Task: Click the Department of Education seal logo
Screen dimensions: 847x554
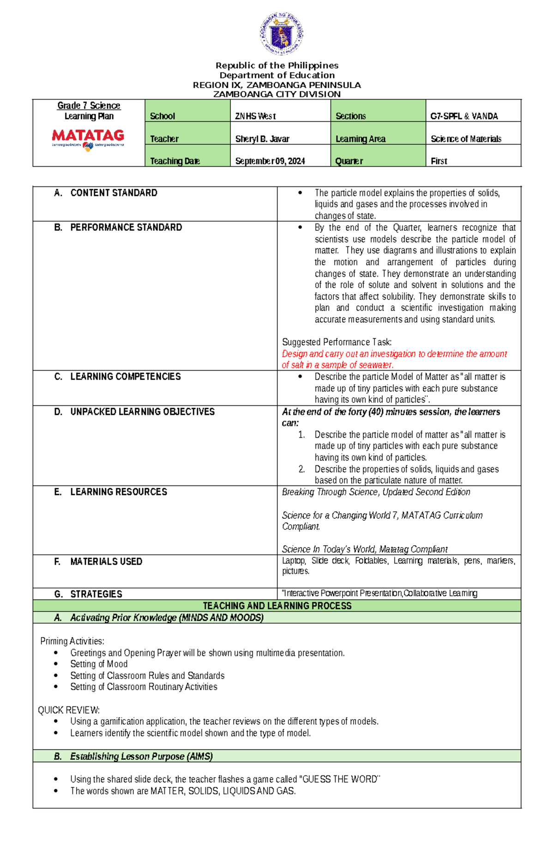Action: [281, 34]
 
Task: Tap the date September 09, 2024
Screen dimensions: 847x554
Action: [270, 161]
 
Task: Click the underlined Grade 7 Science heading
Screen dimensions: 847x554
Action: [89, 105]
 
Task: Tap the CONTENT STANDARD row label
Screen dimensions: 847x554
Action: [114, 192]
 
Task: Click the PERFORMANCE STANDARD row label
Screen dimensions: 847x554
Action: [126, 227]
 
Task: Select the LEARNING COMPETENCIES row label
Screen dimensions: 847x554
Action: [125, 376]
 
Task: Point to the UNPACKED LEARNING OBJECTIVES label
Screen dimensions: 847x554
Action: [142, 411]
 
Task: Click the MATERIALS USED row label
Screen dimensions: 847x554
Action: [106, 561]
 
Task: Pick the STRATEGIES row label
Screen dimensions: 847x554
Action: [96, 594]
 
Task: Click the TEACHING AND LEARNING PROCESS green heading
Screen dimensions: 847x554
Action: [277, 606]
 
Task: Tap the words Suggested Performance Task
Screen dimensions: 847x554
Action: [337, 342]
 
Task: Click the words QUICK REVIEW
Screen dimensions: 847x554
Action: [69, 710]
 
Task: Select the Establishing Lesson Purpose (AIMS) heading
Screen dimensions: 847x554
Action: [141, 756]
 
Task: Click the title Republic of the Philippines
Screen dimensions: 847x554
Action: [277, 66]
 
